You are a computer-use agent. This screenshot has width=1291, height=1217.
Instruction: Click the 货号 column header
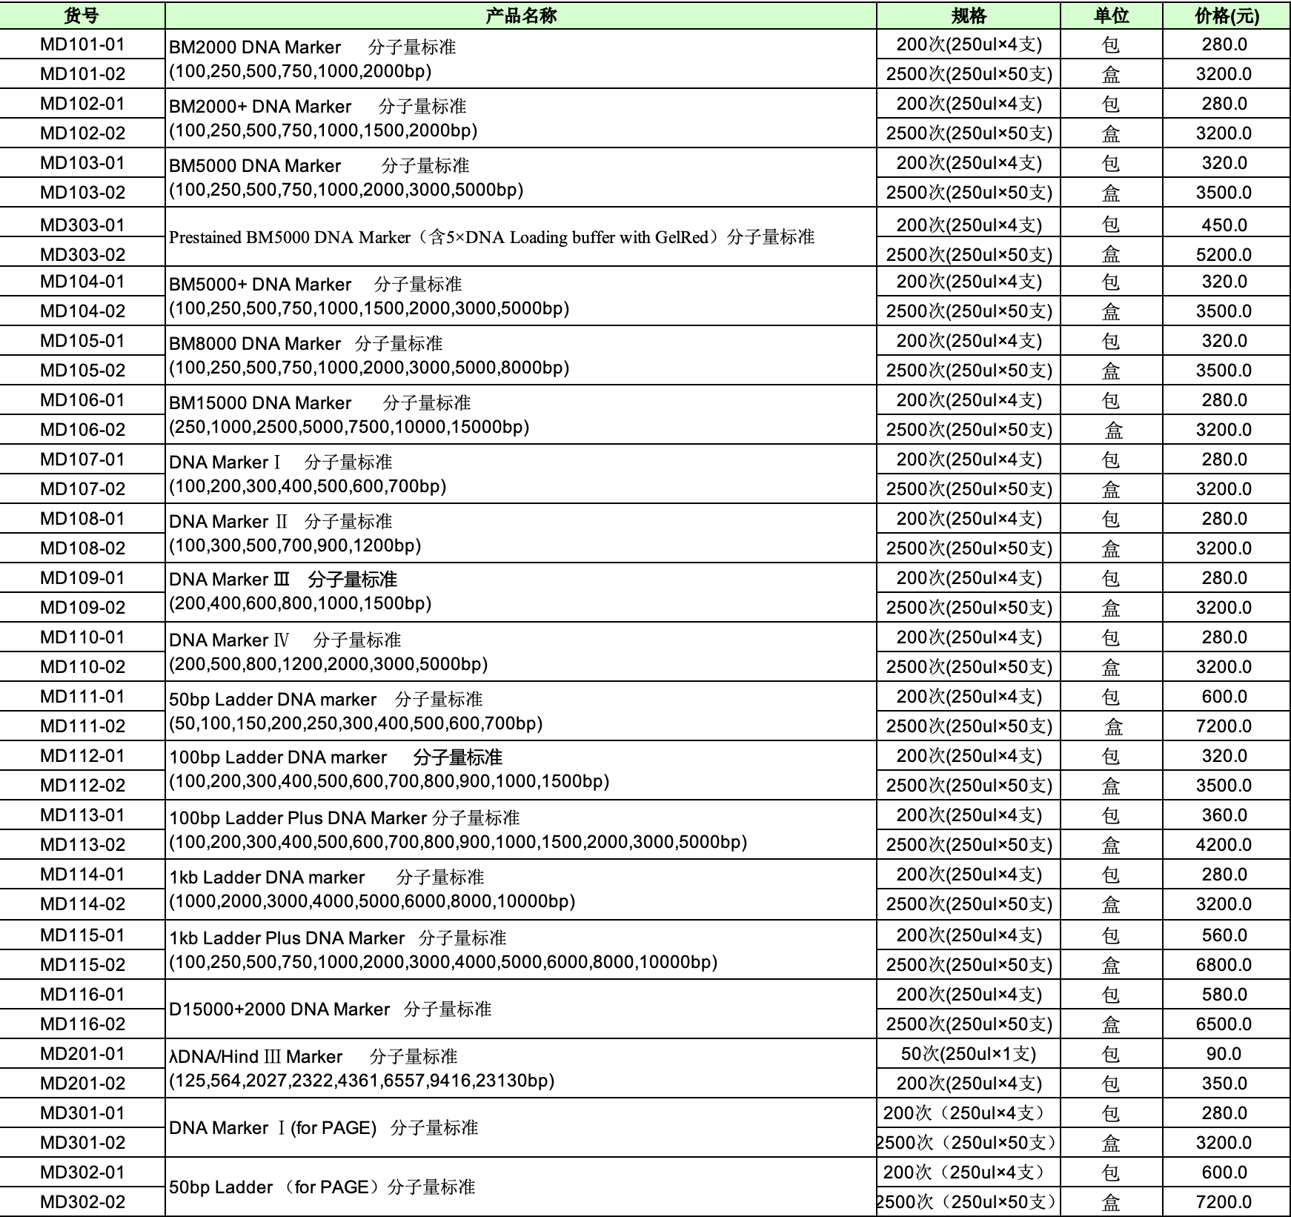82,16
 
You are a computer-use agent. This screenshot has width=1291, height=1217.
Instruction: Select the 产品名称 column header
520,16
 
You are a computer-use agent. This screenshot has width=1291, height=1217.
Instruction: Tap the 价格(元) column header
1227,16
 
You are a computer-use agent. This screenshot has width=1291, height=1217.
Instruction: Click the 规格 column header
969,16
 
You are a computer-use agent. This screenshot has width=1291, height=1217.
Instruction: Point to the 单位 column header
1111,16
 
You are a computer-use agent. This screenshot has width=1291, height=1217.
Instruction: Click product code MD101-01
82,44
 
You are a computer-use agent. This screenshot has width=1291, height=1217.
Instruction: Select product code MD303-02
82,254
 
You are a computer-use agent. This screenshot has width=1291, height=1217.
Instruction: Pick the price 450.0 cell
1224,225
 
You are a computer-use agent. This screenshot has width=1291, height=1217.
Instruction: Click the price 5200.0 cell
1224,254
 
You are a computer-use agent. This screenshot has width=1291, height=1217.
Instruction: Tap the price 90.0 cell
1224,1053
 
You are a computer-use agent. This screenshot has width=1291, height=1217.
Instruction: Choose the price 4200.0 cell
1224,844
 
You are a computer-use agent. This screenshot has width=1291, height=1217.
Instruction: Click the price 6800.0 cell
1224,964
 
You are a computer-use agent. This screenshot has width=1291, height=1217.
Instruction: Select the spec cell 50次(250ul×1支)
969,1053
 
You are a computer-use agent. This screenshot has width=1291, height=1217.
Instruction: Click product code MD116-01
82,994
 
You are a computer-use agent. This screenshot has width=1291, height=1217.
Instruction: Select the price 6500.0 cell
1224,1024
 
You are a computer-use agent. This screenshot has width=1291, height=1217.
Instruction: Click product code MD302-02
82,1201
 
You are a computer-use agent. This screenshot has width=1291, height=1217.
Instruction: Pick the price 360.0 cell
1224,815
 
